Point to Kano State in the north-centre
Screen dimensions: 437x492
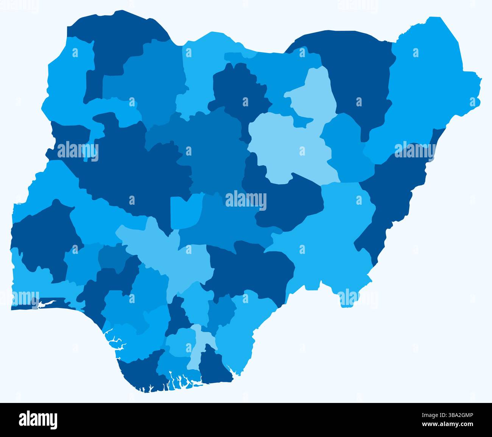(238, 91)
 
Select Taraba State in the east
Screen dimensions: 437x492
(329, 235)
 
